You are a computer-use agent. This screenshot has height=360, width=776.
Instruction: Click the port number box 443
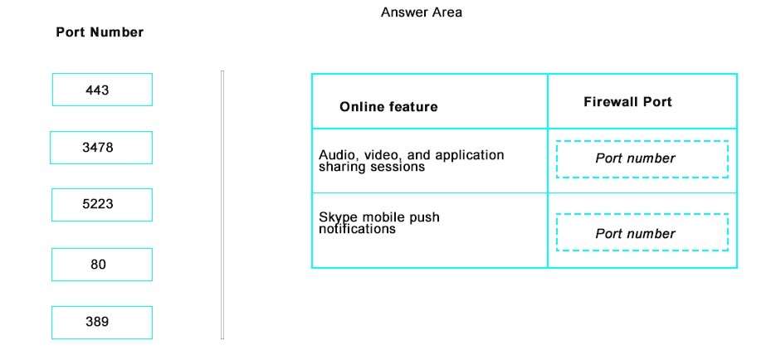point(102,90)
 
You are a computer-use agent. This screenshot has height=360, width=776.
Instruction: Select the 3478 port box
point(101,148)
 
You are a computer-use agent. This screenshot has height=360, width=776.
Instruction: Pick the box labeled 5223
point(102,205)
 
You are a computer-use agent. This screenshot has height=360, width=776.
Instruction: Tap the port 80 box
point(102,265)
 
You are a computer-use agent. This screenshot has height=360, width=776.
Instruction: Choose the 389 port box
point(102,323)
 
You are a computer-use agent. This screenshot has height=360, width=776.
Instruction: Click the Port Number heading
point(100,32)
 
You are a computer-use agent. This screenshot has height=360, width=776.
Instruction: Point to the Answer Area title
point(421,12)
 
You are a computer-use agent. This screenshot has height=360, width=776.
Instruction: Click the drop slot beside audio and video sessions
point(642,159)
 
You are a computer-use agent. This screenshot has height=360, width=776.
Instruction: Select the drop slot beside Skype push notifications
point(642,232)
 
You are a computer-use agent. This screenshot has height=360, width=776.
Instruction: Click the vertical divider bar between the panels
point(222,205)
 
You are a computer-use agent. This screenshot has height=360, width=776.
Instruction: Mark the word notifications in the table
point(358,229)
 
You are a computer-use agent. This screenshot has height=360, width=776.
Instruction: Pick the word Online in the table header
point(359,107)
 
